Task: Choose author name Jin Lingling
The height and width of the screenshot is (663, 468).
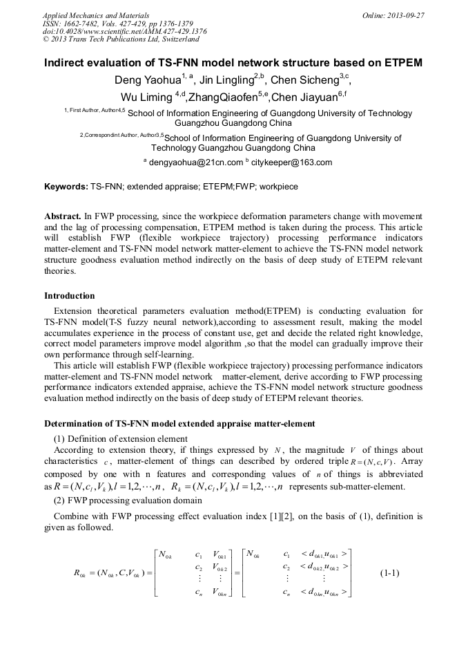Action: click(226, 80)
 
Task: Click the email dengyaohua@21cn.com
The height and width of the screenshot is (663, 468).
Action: click(196, 162)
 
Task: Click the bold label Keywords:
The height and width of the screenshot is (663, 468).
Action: click(66, 187)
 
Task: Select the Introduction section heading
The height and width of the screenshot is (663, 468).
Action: click(70, 296)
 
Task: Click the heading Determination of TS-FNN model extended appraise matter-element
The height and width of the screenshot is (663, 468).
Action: click(179, 423)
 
